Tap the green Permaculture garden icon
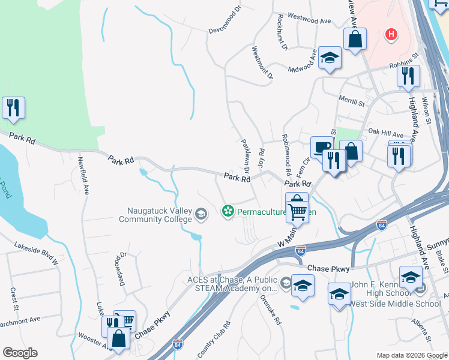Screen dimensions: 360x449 pyautogui.click(x=228, y=211)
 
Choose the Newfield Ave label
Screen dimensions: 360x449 pyautogui.click(x=83, y=175)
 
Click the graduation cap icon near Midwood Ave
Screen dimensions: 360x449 pyautogui.click(x=329, y=58)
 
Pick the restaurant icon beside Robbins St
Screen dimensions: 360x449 pyautogui.click(x=408, y=76)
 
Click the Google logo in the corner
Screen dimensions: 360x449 pyautogui.click(x=20, y=353)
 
